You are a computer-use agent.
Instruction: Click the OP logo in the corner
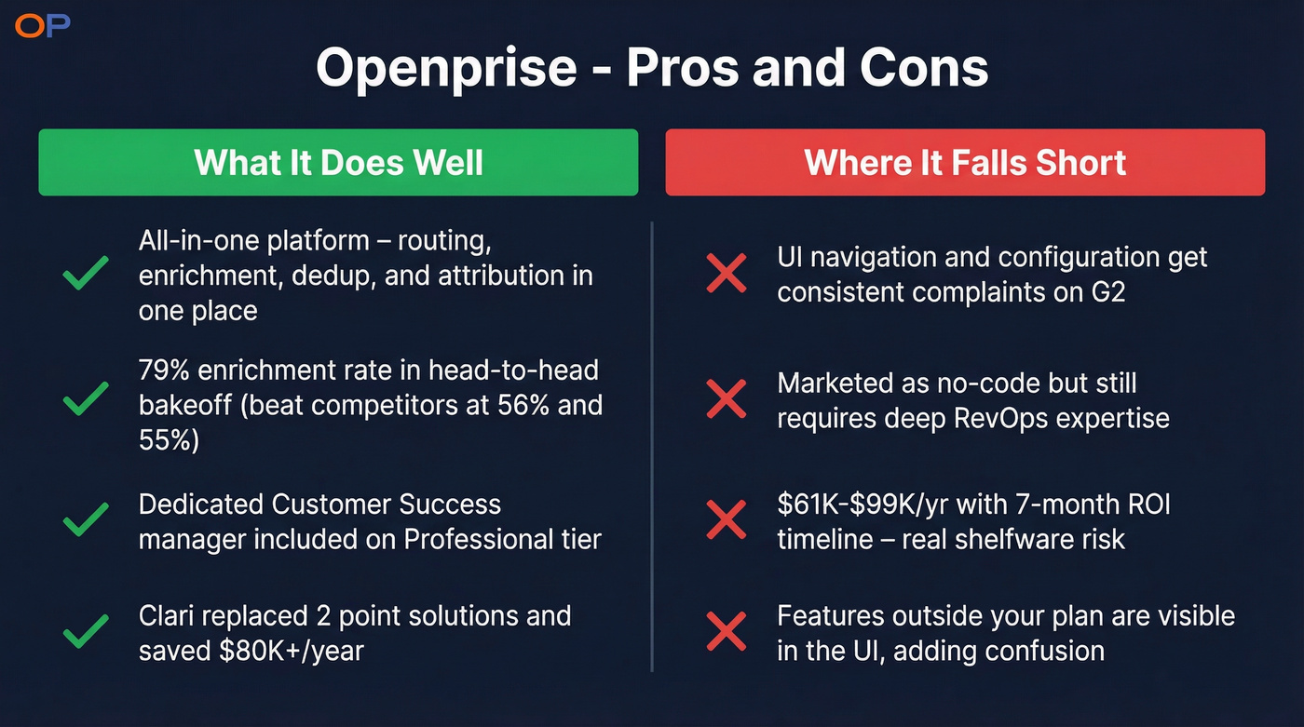click(x=43, y=26)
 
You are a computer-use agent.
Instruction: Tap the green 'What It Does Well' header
click(x=338, y=162)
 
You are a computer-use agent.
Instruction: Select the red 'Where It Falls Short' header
click(x=965, y=162)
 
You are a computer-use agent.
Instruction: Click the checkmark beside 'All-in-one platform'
click(x=86, y=276)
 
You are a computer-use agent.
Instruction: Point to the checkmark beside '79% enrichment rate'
click(x=86, y=400)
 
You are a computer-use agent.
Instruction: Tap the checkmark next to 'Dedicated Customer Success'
click(x=86, y=521)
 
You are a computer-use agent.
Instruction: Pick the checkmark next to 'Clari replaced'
click(x=86, y=633)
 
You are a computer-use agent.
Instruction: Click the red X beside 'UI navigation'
click(x=727, y=275)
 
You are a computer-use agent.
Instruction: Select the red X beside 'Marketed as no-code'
click(x=727, y=400)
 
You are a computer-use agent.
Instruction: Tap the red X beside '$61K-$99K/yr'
click(x=727, y=521)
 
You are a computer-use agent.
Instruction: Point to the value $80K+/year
click(x=291, y=650)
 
